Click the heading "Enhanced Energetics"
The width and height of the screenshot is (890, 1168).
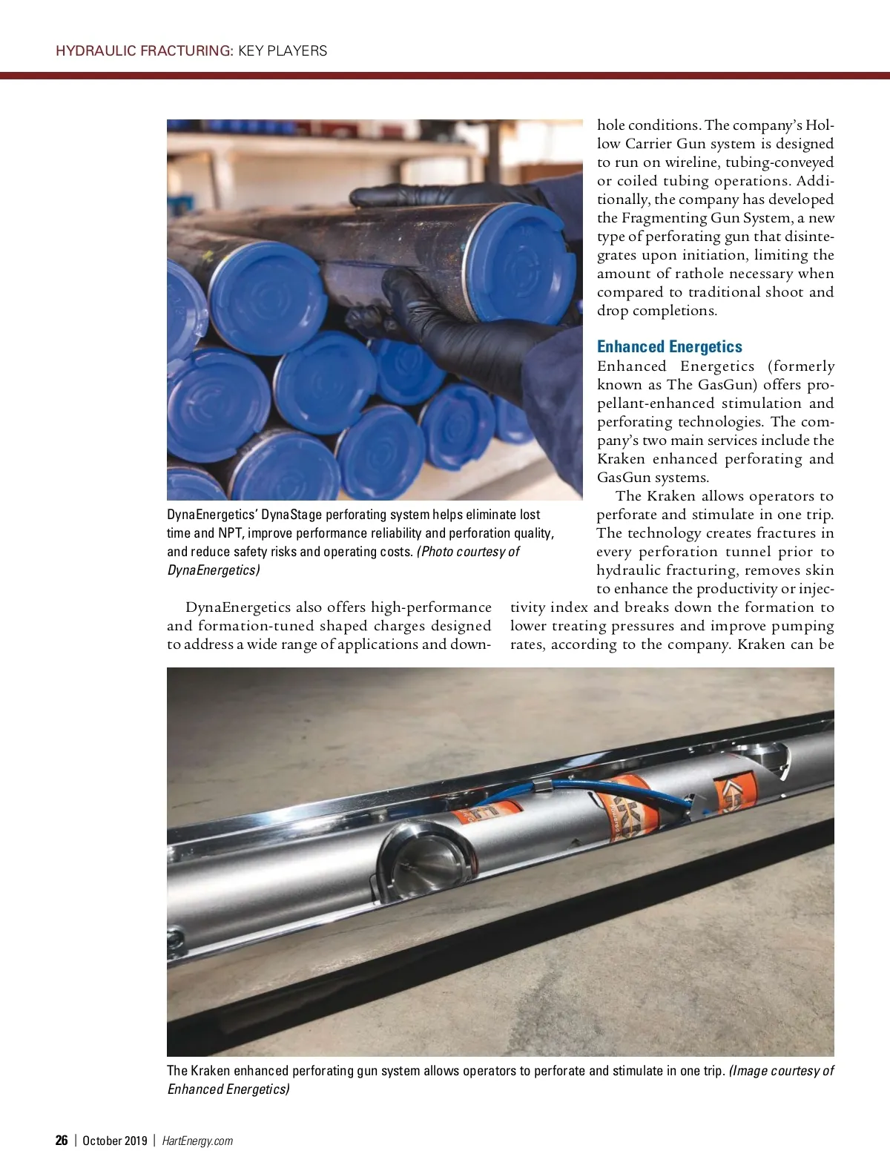[669, 346]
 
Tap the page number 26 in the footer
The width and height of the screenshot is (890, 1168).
[62, 1141]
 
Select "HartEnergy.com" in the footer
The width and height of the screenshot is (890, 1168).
[197, 1141]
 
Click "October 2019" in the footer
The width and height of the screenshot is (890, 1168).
[115, 1141]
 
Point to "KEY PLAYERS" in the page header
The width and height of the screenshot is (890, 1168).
[283, 50]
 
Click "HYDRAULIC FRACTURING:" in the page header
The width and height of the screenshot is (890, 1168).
[145, 50]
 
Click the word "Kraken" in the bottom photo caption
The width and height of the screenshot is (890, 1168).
[211, 1070]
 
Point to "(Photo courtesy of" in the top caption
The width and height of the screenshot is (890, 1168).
[468, 551]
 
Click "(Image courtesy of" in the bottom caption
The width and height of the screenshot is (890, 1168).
[782, 1070]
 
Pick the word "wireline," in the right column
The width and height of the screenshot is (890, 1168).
[692, 162]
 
